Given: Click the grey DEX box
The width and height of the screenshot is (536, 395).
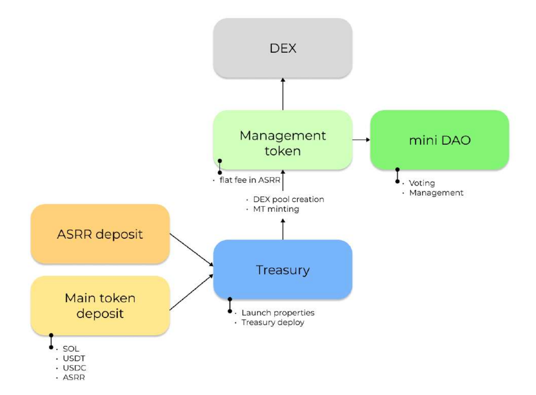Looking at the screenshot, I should coord(283,48).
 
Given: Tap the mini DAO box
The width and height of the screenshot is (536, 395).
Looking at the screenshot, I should coord(439,140).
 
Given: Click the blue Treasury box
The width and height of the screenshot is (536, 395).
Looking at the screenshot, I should coord(283,269).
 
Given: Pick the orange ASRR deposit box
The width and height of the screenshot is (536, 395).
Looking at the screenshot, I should coord(100,234).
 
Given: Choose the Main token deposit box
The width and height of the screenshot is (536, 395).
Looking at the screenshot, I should coord(100,305).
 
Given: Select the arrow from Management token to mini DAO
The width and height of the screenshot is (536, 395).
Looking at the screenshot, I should coord(361,140).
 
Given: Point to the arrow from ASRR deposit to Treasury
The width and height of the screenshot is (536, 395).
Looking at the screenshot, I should coord(191,249).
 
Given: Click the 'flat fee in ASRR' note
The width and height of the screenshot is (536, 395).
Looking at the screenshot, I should coord(250,180).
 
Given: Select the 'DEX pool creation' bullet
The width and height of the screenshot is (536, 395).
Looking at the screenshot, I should coord(288,199).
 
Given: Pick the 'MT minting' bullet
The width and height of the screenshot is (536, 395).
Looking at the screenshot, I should coord(276,209).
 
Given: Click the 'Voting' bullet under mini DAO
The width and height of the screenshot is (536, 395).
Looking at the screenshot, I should coord(422,183).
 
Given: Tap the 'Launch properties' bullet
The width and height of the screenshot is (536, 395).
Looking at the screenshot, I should coord(278,313).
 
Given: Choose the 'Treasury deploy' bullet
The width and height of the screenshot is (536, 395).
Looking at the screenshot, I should coord(273,322).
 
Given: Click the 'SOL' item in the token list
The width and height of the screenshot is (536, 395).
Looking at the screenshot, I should coord(71,349).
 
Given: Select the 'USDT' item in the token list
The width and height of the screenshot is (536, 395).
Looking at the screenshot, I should coord(74,359).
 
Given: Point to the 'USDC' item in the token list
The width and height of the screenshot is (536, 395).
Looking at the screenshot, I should coord(74,368).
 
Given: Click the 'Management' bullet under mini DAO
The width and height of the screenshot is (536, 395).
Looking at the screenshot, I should coord(436,193).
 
